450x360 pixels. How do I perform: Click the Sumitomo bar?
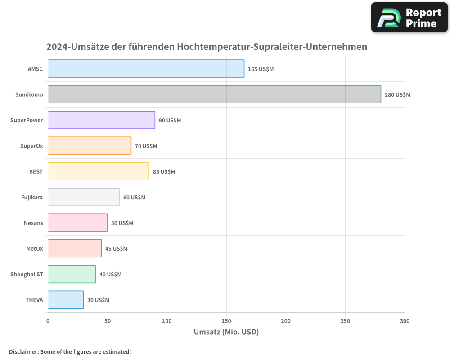(x=214, y=94)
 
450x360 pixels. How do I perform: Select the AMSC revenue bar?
(x=146, y=69)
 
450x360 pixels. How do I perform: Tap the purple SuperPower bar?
(x=101, y=120)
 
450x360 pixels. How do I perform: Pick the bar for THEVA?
(x=66, y=300)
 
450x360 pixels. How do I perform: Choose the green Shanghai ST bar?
(x=72, y=274)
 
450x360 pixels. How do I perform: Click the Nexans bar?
(x=77, y=223)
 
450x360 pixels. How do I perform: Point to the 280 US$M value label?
(x=397, y=95)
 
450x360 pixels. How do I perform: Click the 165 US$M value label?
(x=261, y=69)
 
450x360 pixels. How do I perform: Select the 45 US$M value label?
(x=116, y=249)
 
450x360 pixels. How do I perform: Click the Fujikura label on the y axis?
(x=32, y=197)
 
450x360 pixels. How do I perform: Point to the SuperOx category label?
(x=31, y=146)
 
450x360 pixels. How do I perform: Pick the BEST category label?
(x=36, y=171)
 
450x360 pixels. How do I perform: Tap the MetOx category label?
(x=35, y=248)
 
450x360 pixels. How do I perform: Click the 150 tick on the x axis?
(x=226, y=321)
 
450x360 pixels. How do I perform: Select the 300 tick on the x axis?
(x=405, y=321)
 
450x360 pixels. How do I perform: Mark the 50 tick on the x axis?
(x=108, y=321)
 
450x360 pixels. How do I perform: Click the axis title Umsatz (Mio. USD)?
(x=226, y=332)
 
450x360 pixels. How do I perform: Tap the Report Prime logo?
(x=409, y=18)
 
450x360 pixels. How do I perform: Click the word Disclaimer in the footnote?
(x=23, y=351)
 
